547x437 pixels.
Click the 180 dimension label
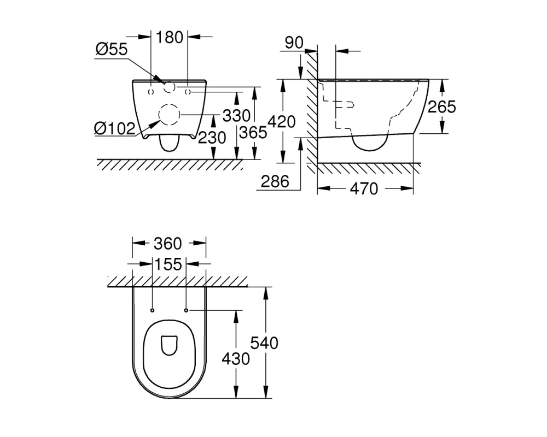pos(169,37)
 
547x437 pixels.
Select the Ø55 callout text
pos(112,50)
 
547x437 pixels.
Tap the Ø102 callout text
pos(114,129)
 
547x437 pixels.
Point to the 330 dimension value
pos(236,116)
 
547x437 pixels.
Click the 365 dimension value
pos(253,132)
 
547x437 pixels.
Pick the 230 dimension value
pos(212,138)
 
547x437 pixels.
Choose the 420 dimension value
pos(282,122)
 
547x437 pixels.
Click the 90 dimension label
pos(294,43)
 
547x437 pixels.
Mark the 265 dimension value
pos(442,107)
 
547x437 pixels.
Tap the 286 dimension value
pos(275,181)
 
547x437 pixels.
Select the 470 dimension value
pos(364,188)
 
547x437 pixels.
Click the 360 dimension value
pos(168,244)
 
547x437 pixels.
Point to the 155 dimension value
pos(168,264)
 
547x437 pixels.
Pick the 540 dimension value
pos(264,343)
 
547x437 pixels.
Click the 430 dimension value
pos(236,358)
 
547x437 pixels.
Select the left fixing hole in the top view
pos(152,310)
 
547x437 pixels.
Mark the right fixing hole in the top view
pos(186,310)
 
